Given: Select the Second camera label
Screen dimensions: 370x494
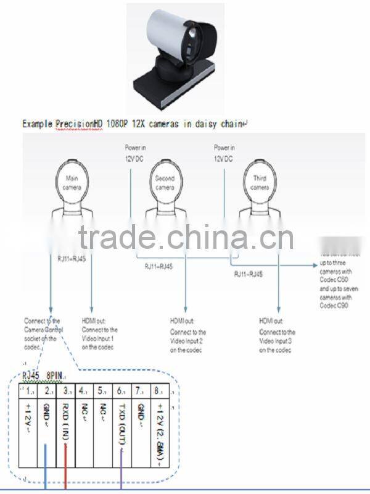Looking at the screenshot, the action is coord(165,183).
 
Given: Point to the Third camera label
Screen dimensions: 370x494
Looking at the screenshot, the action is coord(260,183).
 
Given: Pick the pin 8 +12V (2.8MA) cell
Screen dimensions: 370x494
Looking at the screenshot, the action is coord(161,426).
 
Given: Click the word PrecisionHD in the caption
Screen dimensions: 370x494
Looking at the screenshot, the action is coord(82,124).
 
